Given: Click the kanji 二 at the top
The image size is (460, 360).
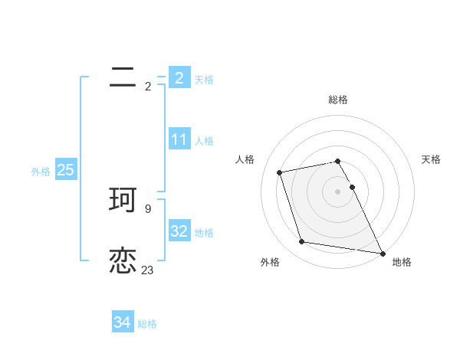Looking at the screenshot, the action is point(123,77).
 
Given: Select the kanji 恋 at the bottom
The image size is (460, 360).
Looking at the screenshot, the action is point(123,260).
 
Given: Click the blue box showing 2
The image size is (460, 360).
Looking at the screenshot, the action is point(179,77).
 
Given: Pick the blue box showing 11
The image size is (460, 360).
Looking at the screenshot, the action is point(179,139).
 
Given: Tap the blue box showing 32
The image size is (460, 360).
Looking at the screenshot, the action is point(179,231).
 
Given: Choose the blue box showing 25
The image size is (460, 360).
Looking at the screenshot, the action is point(65,170).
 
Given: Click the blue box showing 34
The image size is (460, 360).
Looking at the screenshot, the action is point(123,322).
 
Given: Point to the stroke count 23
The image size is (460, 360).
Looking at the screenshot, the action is point(147,270).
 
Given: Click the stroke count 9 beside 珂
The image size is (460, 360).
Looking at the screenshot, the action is point(147,208).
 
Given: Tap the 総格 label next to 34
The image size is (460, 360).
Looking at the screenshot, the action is point(147,324).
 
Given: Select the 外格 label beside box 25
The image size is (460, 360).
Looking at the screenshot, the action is point(41,172).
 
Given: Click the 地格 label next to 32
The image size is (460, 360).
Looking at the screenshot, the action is point(204,233).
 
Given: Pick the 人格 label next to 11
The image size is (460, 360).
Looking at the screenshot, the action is point(204,141).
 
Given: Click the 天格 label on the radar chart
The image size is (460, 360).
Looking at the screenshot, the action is point(432,159).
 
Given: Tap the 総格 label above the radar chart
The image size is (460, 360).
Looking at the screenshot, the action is point(338,100).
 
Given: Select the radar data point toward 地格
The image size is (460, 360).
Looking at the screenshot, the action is point(381,252).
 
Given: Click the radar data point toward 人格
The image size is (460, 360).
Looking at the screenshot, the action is point(280,172).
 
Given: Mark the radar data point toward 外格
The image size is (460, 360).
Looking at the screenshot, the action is point(302,242).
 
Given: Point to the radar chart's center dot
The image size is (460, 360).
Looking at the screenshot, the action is point(338,191).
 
